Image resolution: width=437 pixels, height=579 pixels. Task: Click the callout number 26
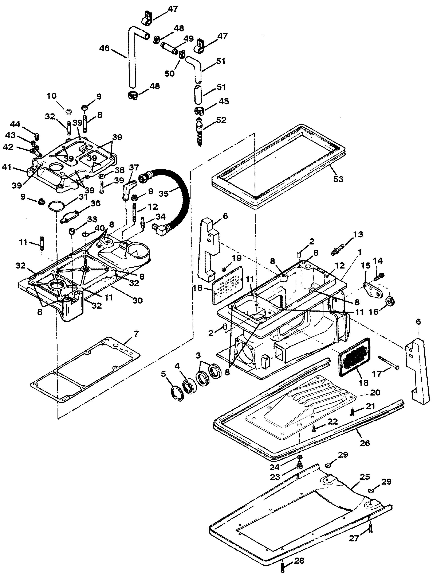(x=365, y=443)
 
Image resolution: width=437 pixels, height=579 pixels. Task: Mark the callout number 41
(x=7, y=167)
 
